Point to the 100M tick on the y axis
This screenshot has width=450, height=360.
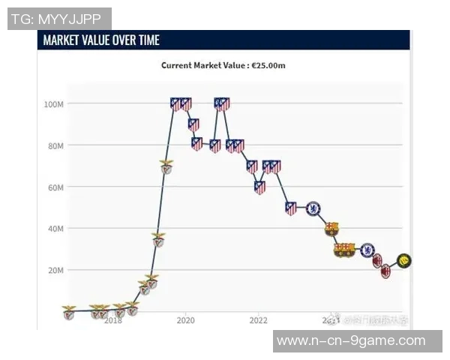[x=54, y=104]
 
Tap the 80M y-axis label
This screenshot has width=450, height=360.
[x=55, y=145]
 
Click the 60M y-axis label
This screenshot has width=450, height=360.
[x=55, y=187]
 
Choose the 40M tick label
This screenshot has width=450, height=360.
[x=55, y=228]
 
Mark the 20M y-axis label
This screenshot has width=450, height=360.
[x=55, y=270]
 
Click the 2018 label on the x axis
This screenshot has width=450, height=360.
[x=112, y=321]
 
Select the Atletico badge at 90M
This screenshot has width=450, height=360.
[x=193, y=124]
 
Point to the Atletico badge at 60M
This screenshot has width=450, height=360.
[x=259, y=187]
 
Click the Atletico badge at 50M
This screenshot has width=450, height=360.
[x=291, y=208]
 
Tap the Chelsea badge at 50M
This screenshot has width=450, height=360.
[x=313, y=208]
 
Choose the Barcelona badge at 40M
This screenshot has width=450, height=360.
[x=331, y=229]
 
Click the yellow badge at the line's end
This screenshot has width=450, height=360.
[x=404, y=260]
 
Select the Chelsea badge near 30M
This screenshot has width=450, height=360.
[x=367, y=250]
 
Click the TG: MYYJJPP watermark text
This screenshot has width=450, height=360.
[x=59, y=19]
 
